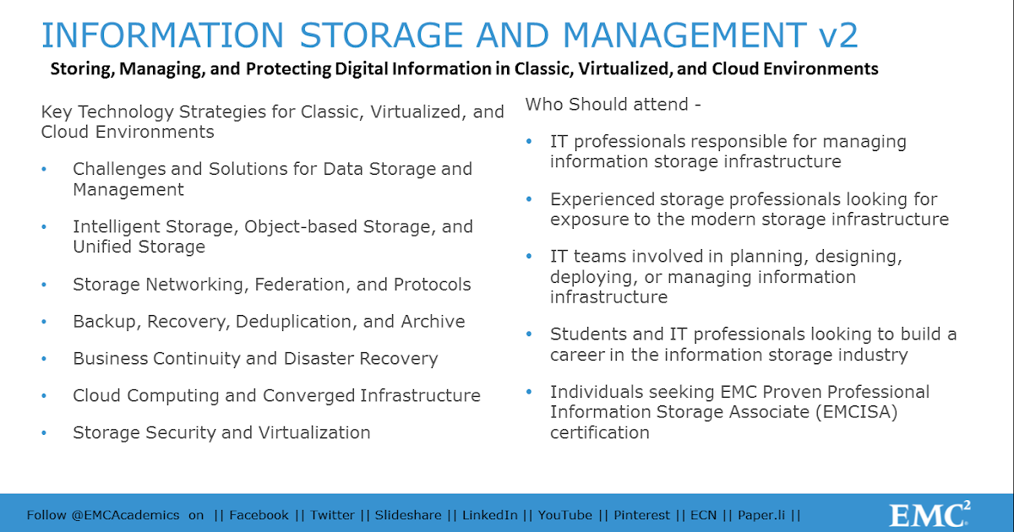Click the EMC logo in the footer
(929, 513)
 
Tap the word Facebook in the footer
(259, 515)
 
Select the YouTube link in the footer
(565, 515)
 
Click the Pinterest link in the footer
(641, 515)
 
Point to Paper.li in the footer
(761, 516)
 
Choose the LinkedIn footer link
(490, 515)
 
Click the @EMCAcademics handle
(125, 515)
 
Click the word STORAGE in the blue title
(381, 35)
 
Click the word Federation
(303, 285)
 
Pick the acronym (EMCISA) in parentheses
(857, 412)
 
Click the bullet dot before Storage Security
(44, 433)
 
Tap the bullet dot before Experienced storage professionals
(529, 199)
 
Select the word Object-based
(301, 226)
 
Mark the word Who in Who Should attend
(544, 105)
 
